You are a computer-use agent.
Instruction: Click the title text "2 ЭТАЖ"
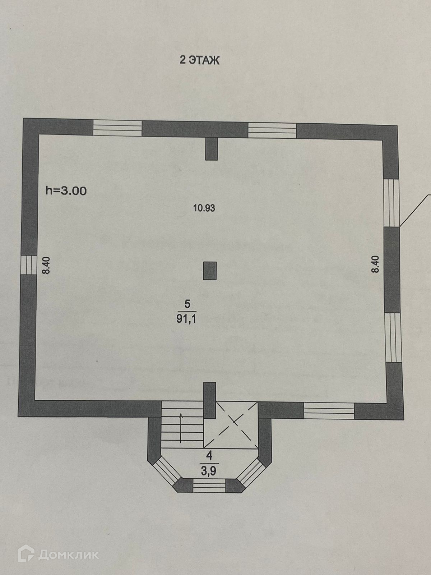click(199, 60)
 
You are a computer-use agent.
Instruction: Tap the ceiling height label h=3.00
click(66, 190)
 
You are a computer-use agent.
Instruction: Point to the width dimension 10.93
click(204, 208)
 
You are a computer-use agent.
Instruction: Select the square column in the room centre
click(210, 271)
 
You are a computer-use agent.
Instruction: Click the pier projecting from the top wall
click(212, 148)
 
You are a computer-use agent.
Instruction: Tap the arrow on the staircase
click(180, 428)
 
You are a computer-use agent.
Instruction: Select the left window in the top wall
click(117, 128)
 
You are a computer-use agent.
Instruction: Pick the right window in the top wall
click(272, 130)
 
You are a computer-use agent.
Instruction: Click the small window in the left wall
click(26, 265)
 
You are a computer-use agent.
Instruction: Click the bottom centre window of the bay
click(209, 486)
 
